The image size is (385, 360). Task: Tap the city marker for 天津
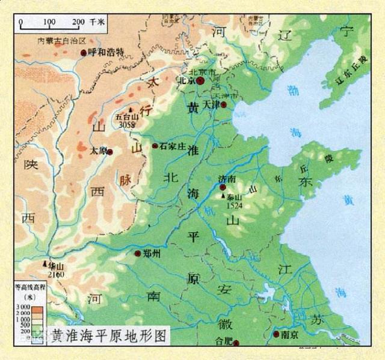pos(224,105)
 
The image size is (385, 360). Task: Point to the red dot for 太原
pos(111,150)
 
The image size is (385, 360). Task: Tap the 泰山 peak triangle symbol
pos(224,197)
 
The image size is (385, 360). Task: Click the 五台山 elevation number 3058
pos(127,124)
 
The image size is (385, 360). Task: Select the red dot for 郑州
pos(138,254)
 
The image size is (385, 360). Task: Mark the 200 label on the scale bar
pos(79,22)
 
